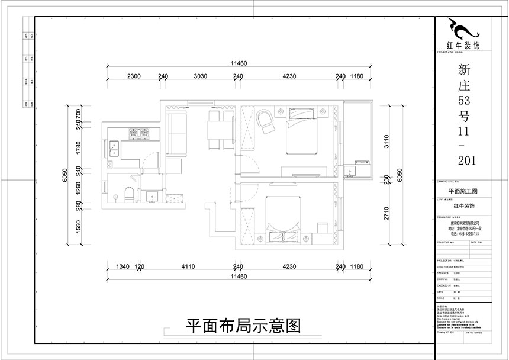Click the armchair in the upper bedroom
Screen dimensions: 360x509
(265, 120)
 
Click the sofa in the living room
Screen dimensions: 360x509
(175, 133)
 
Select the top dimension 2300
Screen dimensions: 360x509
(134, 76)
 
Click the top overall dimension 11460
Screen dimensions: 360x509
(239, 63)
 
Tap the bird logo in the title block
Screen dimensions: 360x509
(462, 28)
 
